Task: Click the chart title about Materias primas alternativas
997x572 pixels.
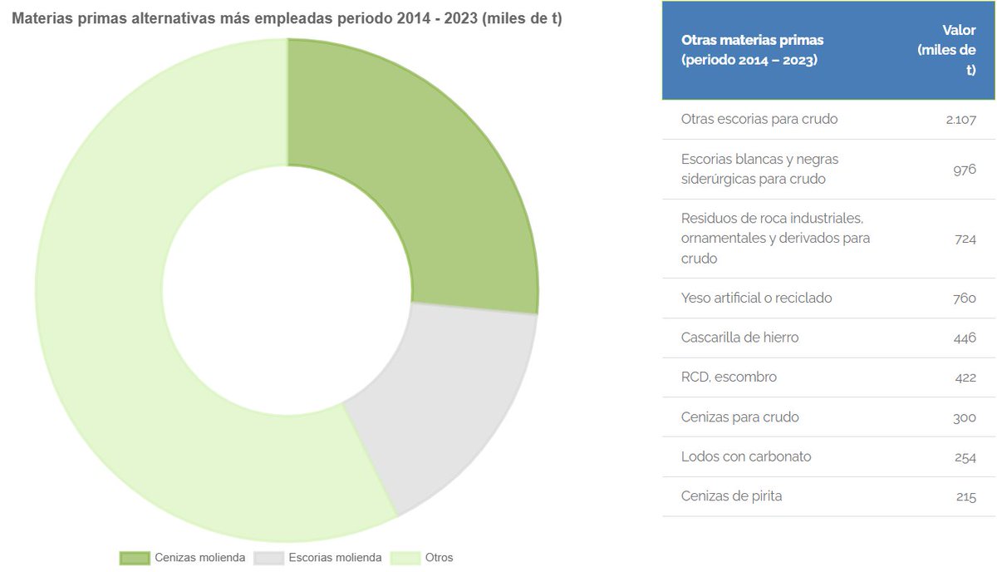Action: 287,18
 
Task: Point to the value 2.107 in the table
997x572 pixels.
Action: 960,119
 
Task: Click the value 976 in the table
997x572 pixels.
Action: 964,169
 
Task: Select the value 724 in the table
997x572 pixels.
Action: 964,239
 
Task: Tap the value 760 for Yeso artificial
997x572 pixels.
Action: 964,298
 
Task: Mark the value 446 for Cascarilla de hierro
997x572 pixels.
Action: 964,338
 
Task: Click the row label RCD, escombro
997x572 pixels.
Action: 729,377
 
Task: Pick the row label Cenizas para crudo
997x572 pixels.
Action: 739,417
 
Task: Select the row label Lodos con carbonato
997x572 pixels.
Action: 746,456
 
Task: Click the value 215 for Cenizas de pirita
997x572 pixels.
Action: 965,496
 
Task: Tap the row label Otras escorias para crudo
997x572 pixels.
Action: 759,119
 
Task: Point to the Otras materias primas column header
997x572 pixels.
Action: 752,50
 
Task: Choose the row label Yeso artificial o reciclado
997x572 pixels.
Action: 756,298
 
